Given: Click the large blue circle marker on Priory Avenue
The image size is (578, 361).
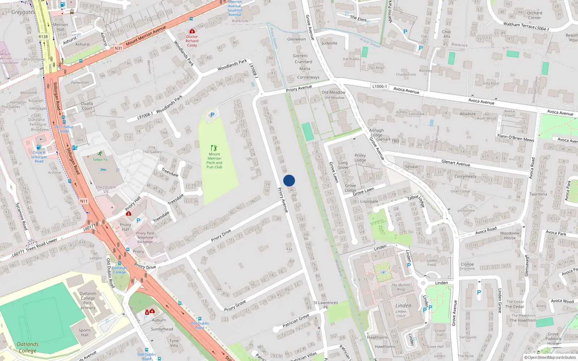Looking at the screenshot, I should (289, 180).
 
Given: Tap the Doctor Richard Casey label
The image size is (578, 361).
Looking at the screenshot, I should (192, 41).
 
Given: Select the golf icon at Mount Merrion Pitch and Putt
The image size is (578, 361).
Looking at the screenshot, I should (214, 148).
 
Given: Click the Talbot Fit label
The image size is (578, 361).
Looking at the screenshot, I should (100, 160).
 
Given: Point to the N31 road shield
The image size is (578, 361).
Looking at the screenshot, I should (118, 48).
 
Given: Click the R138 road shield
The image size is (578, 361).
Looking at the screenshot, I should (43, 36).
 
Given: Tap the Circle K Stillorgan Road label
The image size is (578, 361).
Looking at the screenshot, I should (39, 157).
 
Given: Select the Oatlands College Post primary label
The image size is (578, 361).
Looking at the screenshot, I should (88, 301).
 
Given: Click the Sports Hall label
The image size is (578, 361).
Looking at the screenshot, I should (85, 332).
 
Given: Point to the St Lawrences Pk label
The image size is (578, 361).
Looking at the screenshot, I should (325, 305).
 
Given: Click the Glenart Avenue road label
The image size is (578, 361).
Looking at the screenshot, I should (456, 163).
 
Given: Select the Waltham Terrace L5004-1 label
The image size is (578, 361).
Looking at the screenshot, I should (526, 26).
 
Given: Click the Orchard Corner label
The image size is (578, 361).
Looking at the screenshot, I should (535, 16).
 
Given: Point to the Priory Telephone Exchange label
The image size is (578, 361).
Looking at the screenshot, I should (145, 238).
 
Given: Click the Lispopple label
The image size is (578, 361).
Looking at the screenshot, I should (369, 201).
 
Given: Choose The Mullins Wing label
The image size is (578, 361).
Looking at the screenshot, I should (401, 287).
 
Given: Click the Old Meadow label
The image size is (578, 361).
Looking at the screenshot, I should (333, 92).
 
